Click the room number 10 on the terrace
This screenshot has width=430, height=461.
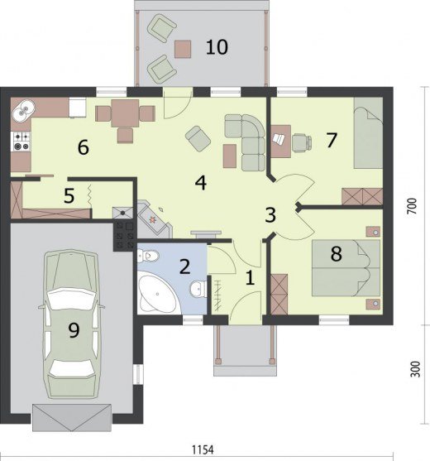217,47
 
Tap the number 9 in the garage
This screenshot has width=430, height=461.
74,330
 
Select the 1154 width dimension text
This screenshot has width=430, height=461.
203,449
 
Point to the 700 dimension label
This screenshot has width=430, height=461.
413,206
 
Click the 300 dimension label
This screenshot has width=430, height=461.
415,369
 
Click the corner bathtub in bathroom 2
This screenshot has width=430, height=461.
157,294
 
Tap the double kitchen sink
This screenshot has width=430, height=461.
23,109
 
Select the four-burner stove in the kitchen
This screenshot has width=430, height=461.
21,142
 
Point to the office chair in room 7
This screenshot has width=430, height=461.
302,142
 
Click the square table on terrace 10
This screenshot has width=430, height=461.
183,49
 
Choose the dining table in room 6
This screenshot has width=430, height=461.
125,113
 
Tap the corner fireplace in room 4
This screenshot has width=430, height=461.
154,219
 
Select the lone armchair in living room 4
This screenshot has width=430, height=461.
198,138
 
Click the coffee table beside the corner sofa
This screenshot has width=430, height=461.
230,156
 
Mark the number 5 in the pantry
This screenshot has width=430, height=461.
69,196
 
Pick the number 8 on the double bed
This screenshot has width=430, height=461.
336,254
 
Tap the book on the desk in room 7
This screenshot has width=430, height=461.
279,139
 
